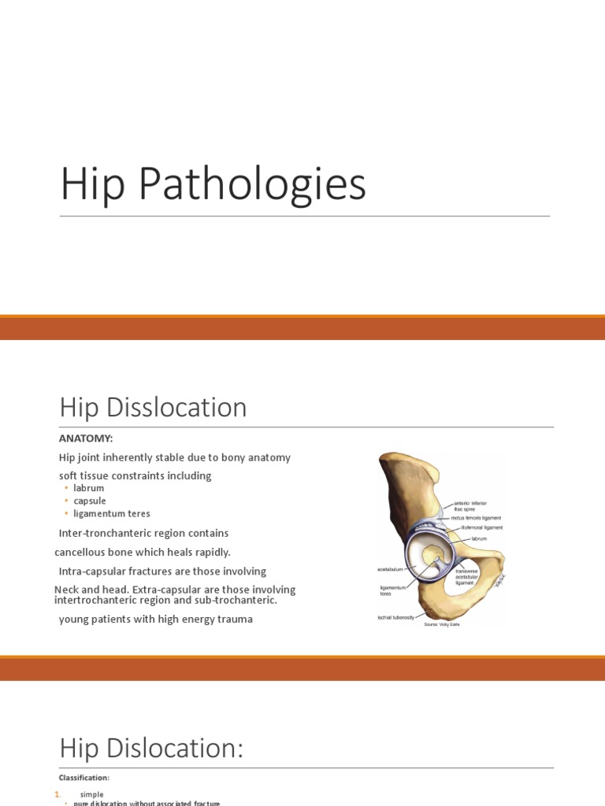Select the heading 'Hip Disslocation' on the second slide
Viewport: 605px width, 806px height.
(153, 408)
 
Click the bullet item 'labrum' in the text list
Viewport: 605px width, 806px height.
(89, 488)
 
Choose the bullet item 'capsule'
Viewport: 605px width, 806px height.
(90, 501)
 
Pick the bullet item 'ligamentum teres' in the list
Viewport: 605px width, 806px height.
(112, 514)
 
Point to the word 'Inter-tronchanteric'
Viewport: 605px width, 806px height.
(105, 534)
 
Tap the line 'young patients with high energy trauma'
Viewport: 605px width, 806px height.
(155, 619)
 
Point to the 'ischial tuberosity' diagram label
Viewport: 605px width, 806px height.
(396, 617)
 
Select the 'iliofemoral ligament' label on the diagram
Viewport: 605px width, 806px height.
(481, 527)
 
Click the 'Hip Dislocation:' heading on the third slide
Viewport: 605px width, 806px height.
(151, 749)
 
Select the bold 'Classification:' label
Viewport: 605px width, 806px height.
(84, 778)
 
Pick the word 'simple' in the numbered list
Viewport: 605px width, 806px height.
(92, 795)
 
